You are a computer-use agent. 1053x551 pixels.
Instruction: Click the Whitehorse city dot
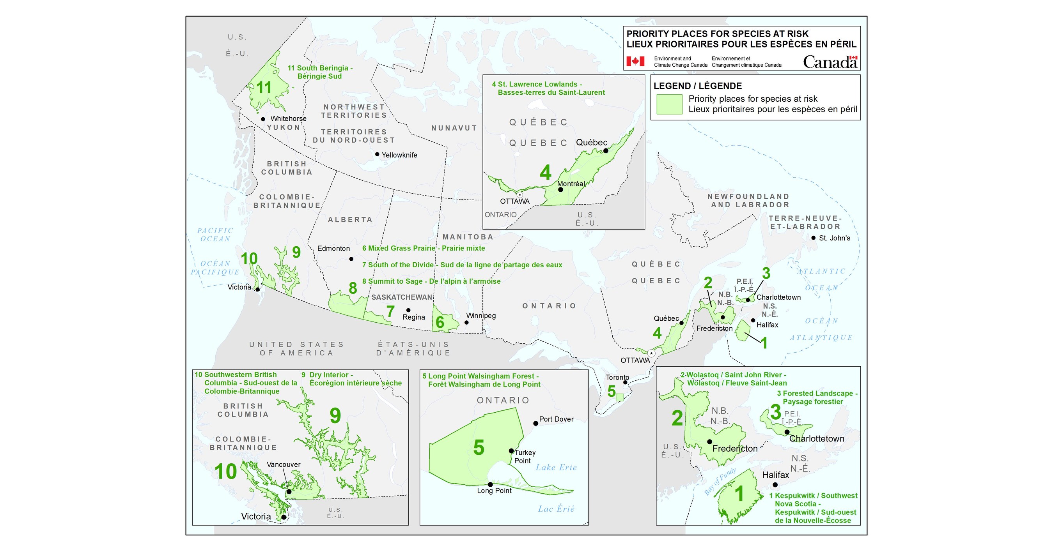263,119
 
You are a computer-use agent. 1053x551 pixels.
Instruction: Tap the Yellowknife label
399,155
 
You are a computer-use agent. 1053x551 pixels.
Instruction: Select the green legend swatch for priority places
669,104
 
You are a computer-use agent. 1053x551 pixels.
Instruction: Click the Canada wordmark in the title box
830,62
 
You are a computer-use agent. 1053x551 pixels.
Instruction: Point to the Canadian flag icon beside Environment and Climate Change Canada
635,61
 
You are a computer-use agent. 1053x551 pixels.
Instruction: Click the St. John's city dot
813,238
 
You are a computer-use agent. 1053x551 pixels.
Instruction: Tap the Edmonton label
333,248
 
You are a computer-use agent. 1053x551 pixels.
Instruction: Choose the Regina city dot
408,310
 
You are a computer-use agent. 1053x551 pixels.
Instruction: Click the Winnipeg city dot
466,323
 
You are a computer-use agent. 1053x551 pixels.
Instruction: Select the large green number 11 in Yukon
264,87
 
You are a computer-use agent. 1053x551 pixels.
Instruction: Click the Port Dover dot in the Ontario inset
535,423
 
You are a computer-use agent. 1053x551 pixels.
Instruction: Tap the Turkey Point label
525,457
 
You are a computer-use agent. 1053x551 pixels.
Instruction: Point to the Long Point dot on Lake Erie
490,484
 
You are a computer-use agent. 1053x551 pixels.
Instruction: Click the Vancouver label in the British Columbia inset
283,464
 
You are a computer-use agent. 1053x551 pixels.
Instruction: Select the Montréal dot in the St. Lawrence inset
560,189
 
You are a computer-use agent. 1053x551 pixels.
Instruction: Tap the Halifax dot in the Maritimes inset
775,485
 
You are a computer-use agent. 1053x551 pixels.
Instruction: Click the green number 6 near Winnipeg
440,322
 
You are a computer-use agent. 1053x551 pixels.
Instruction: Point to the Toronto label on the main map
617,378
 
